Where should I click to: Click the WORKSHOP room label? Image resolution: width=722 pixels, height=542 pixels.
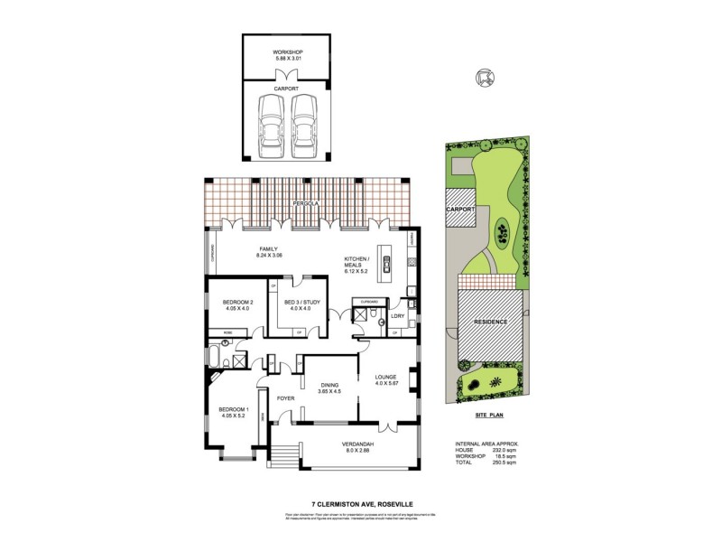click(288, 53)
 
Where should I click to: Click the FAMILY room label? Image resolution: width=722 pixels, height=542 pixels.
click(268, 248)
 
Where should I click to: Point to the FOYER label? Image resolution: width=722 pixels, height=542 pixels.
click(286, 397)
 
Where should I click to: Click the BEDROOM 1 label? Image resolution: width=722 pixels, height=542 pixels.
click(231, 412)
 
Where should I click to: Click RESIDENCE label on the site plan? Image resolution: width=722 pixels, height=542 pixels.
click(492, 322)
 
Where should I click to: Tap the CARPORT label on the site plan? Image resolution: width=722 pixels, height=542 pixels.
click(460, 209)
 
